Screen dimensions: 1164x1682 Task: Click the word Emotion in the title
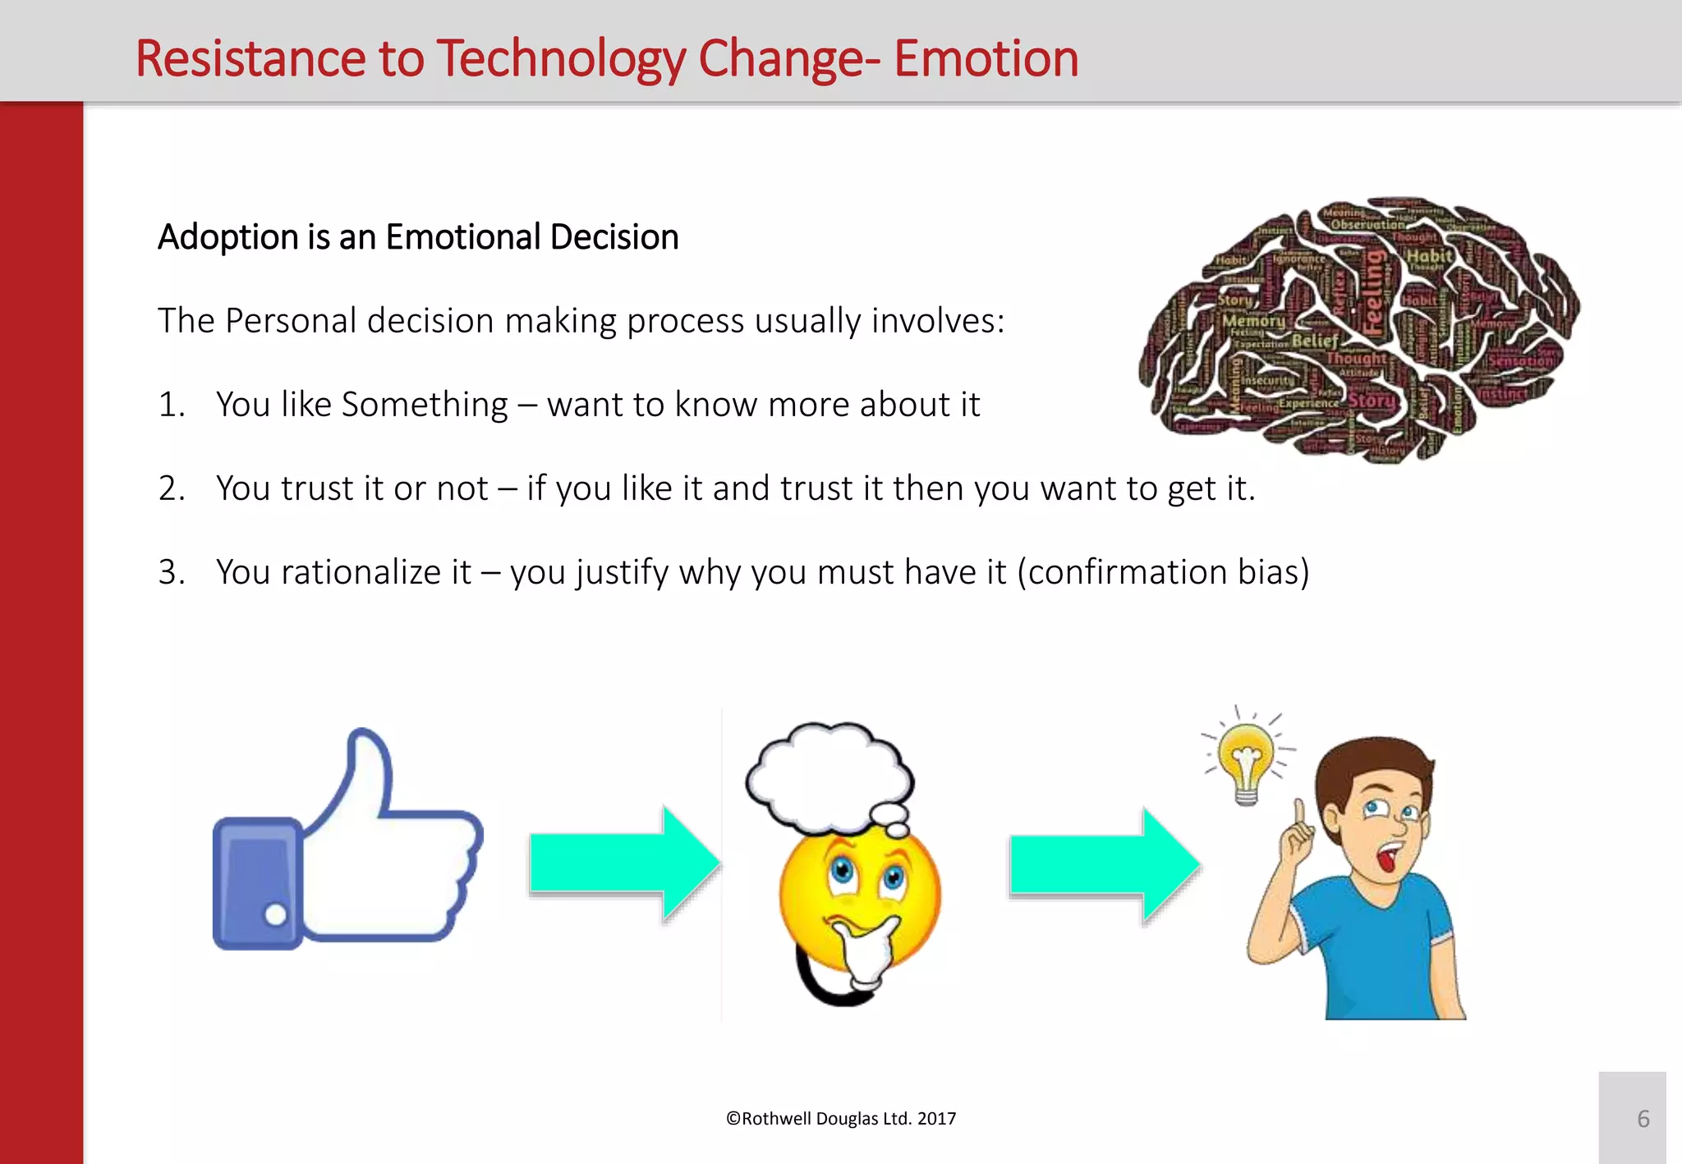coord(986,59)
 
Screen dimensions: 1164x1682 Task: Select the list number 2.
coord(171,488)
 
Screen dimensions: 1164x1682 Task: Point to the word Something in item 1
coord(425,405)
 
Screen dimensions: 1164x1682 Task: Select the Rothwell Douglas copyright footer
coord(841,1118)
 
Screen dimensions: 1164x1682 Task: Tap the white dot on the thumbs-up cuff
coord(276,914)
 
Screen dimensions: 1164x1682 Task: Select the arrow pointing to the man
coord(1104,864)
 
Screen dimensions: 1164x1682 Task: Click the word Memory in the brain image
coord(1253,321)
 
